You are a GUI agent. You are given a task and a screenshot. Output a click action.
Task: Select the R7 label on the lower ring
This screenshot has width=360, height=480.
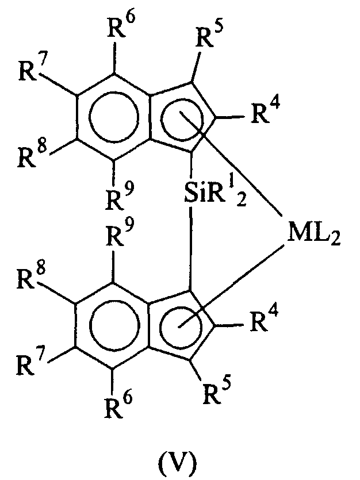click(30, 363)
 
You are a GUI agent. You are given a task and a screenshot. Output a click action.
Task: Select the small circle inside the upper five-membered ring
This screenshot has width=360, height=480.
click(160, 120)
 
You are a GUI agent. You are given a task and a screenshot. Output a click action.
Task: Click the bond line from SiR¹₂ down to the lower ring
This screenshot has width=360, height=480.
click(190, 248)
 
